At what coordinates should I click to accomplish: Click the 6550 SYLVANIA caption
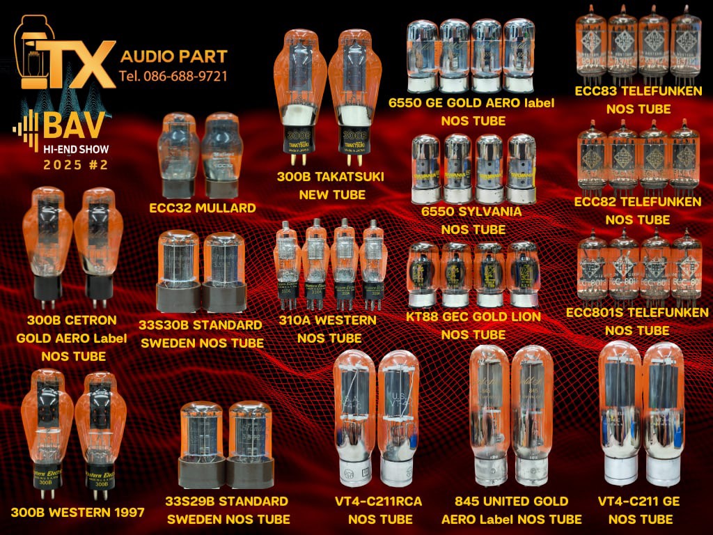471,210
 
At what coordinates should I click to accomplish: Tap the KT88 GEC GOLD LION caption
473,316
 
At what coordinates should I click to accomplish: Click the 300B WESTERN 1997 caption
77,513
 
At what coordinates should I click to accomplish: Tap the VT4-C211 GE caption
638,502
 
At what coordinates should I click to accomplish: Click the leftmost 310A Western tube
286,268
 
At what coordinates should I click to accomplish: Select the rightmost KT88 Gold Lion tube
523,273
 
